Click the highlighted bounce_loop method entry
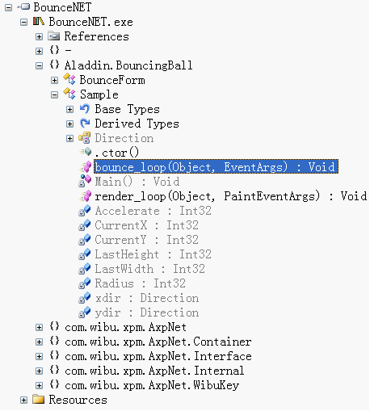point(216,167)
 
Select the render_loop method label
point(231,196)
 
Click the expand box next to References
point(39,36)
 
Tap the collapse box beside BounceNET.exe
point(23,22)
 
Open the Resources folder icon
point(38,399)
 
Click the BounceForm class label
point(112,80)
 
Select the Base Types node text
point(127,109)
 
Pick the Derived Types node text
point(137,124)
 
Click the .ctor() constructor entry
point(117,153)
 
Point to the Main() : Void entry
point(137,182)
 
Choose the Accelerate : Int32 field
point(153,211)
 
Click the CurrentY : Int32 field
point(146,240)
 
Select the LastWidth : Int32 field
point(149,269)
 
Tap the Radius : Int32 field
point(140,283)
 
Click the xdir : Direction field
point(147,298)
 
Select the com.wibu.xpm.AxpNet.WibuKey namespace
point(152,385)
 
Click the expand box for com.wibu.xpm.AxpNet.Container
point(39,342)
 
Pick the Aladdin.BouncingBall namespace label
point(128,65)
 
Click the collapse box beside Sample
point(54,94)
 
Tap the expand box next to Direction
point(69,138)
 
